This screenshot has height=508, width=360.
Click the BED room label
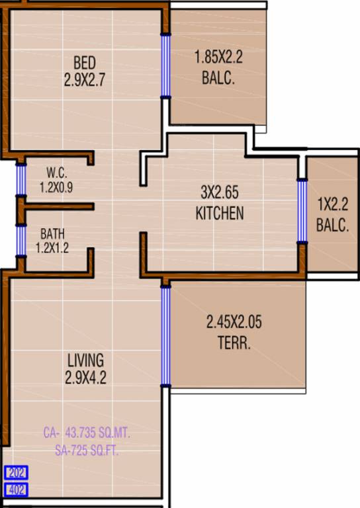pos(85,63)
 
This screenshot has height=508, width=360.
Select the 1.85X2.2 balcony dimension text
pos(218,58)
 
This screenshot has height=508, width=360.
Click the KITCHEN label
pos(220,213)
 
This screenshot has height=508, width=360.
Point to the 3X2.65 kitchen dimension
pos(219,193)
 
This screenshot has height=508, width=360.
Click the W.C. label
pos(56,169)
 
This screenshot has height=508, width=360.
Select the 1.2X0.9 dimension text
pos(56,187)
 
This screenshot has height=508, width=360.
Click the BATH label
pos(52,233)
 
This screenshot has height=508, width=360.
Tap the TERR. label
pos(234,343)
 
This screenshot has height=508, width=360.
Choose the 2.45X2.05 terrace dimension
pos(234,323)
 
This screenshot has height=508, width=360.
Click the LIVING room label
pos(85,360)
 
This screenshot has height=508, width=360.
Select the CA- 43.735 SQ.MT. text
pos(87,433)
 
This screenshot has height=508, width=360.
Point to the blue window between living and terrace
pos(165,336)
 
